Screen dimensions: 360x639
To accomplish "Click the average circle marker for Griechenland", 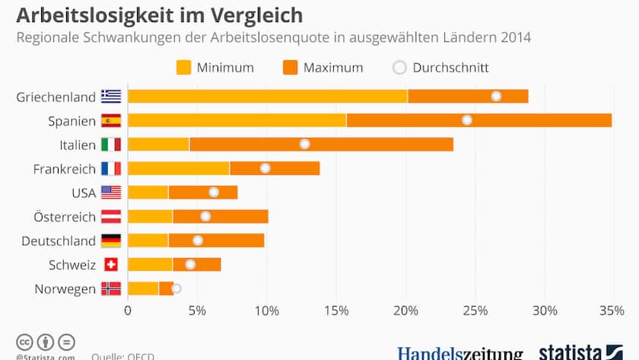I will coord(496,96).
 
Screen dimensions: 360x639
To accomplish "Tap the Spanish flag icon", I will coord(111,120).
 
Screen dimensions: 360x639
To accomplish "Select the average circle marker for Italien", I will coord(304,144).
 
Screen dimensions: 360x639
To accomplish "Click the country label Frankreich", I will coord(65,168).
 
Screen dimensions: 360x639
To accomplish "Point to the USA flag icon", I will coord(111,193).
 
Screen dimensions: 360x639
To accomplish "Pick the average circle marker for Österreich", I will coord(205,216).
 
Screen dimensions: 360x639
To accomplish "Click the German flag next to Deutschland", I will coord(111,241).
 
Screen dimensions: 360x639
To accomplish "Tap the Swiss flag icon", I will coord(111,265).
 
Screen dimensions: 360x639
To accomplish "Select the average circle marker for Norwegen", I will coord(176,288).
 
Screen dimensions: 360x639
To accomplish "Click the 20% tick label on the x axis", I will coord(406,311).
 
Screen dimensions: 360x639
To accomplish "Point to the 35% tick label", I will coord(612,311).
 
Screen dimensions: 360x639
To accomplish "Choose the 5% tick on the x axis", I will coord(197,311).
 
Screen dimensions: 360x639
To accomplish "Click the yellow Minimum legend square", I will coord(183,68).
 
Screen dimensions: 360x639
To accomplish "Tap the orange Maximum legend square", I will coord(289,68).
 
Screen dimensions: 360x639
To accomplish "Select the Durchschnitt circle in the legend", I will coord(399,68).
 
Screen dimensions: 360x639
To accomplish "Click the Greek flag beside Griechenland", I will coord(111,96).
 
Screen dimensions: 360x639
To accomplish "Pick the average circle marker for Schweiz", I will coord(190,264).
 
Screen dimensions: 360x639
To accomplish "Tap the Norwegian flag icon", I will coord(111,288).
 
